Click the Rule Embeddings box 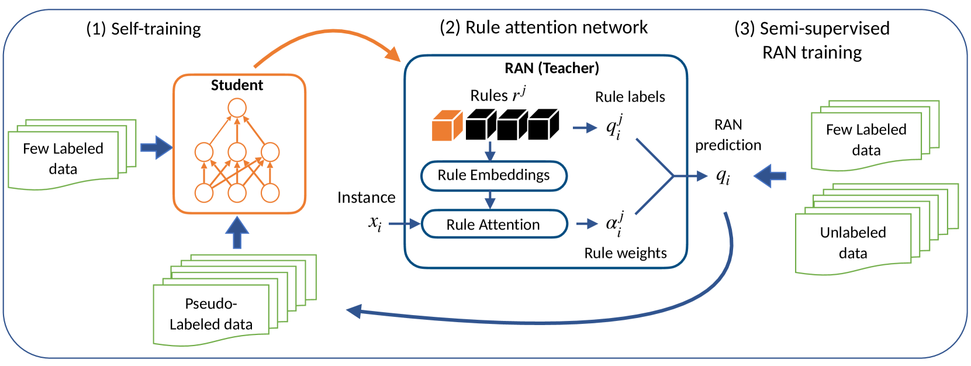pyautogui.click(x=494, y=175)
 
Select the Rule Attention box pyautogui.click(x=494, y=225)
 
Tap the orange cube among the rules pyautogui.click(x=447, y=126)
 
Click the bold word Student pyautogui.click(x=237, y=85)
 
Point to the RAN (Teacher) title pyautogui.click(x=552, y=68)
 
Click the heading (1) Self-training pyautogui.click(x=143, y=29)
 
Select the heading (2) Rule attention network pyautogui.click(x=544, y=27)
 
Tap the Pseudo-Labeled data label pyautogui.click(x=211, y=314)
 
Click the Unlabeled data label pyautogui.click(x=853, y=243)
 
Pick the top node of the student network pyautogui.click(x=237, y=108)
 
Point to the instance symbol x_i pyautogui.click(x=375, y=223)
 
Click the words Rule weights pyautogui.click(x=626, y=253)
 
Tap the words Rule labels pyautogui.click(x=630, y=97)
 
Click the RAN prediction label pyautogui.click(x=728, y=135)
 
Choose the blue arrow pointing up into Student pyautogui.click(x=237, y=233)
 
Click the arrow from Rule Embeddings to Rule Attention pyautogui.click(x=490, y=201)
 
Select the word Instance pyautogui.click(x=366, y=198)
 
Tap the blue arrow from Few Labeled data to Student pyautogui.click(x=156, y=147)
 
